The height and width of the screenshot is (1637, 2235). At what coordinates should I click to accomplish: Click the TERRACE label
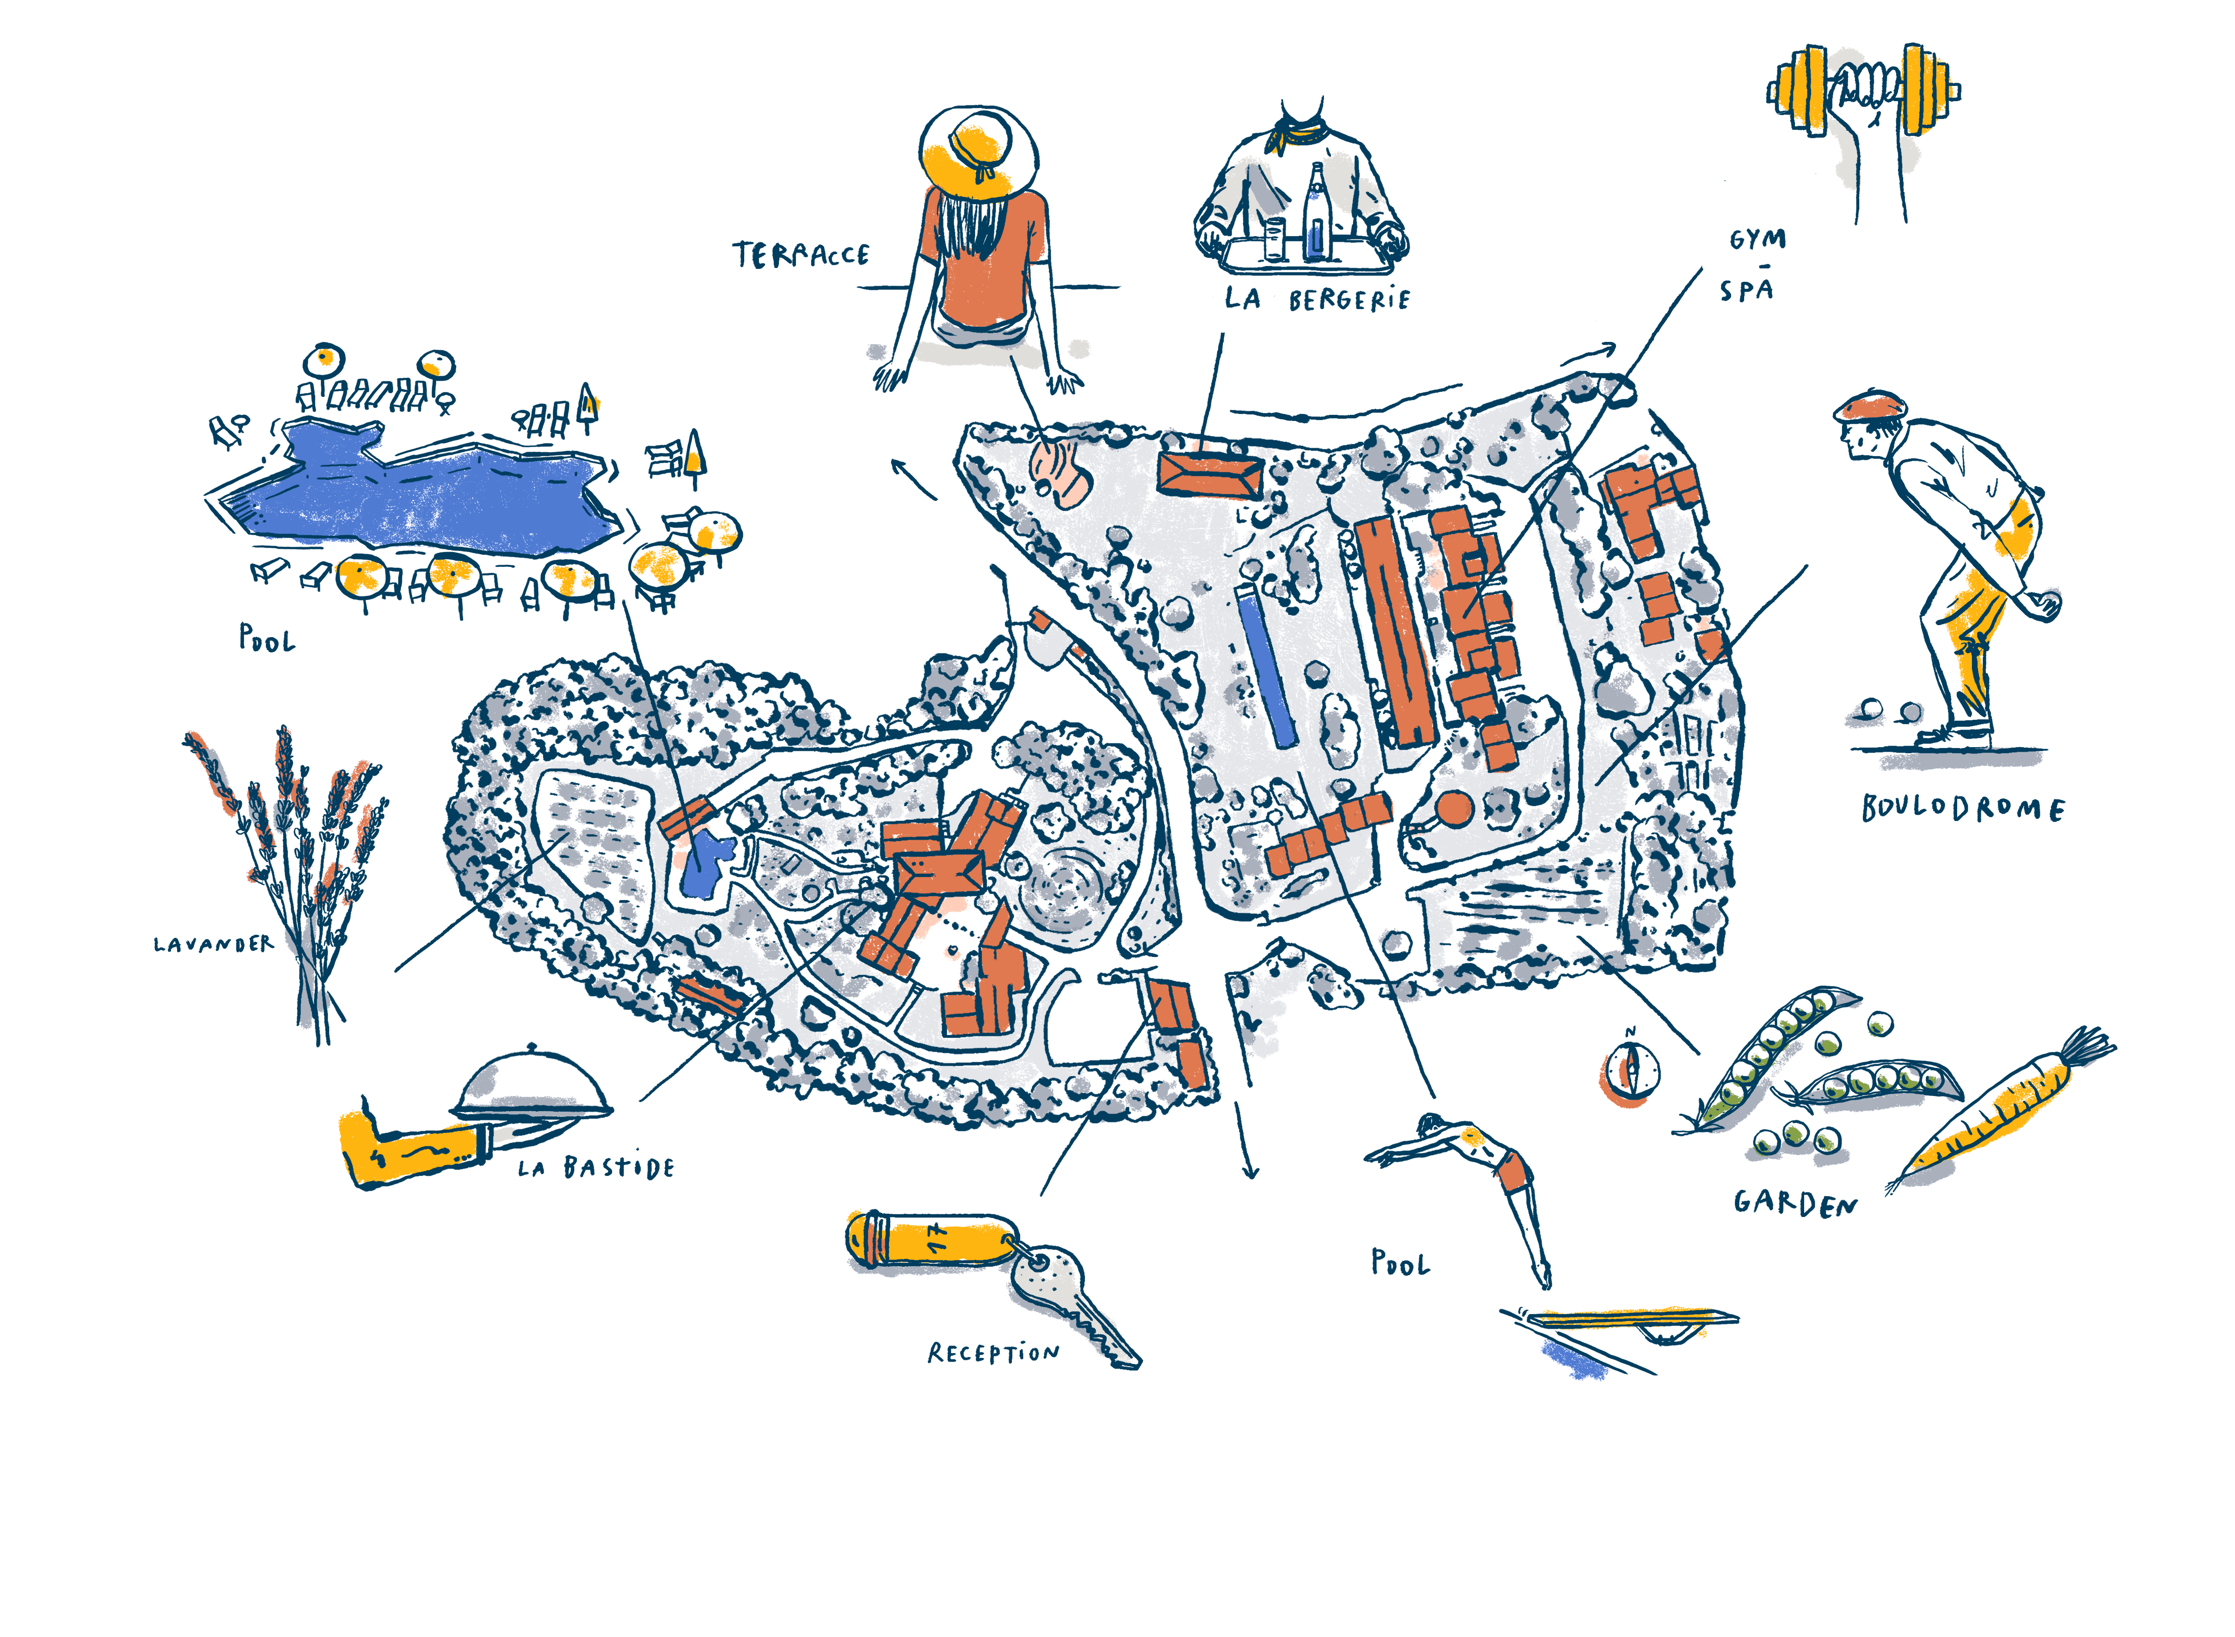click(x=801, y=256)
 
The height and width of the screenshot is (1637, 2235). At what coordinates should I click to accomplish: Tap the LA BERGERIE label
click(x=1316, y=298)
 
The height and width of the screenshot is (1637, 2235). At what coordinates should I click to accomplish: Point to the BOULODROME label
click(x=1962, y=809)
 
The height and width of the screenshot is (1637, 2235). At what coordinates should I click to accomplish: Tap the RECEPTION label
click(x=993, y=1352)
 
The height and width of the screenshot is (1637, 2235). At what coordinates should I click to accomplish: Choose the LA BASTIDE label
click(x=597, y=1167)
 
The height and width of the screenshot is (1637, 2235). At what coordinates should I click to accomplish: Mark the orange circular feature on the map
click(x=1454, y=808)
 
